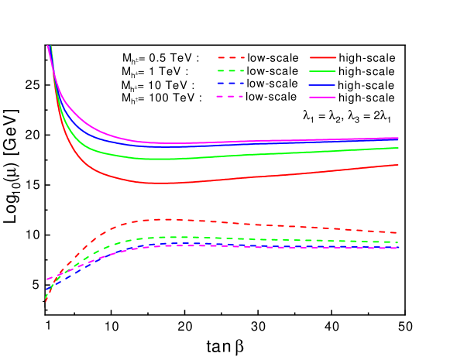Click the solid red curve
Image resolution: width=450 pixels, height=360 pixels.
pyautogui.click(x=232, y=179)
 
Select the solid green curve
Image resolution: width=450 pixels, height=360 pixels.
pyautogui.click(x=232, y=156)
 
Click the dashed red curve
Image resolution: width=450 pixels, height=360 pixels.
pyautogui.click(x=232, y=222)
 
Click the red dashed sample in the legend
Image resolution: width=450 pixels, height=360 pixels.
pyautogui.click(x=231, y=57)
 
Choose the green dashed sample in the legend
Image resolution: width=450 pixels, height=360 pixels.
pyautogui.click(x=231, y=70)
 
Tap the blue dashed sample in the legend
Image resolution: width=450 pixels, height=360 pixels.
pyautogui.click(x=231, y=84)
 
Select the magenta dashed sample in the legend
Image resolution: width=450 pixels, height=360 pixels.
pyautogui.click(x=231, y=97)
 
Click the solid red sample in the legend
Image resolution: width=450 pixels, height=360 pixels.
pyautogui.click(x=323, y=57)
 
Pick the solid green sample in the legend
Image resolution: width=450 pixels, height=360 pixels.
pyautogui.click(x=323, y=70)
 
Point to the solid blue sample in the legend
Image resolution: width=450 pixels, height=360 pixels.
pyautogui.click(x=323, y=84)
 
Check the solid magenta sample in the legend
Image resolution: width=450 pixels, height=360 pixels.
pyautogui.click(x=323, y=97)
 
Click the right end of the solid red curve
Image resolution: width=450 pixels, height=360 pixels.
pyautogui.click(x=398, y=164)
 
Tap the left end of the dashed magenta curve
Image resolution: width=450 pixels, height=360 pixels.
pyautogui.click(x=47, y=279)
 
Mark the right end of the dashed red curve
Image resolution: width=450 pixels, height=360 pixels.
pyautogui.click(x=398, y=232)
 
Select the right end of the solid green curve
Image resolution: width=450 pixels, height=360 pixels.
pyautogui.click(x=398, y=147)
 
